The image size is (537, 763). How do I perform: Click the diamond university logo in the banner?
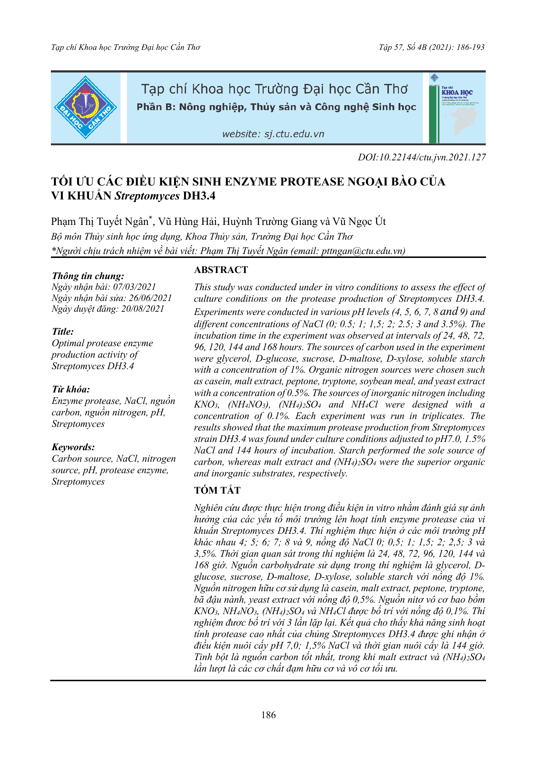tap(85, 107)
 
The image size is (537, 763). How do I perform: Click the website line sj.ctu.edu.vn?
tap(273, 134)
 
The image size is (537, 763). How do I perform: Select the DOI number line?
tap(421, 157)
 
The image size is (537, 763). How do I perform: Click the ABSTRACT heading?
tap(221, 270)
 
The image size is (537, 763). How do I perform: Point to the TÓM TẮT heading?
tap(217, 490)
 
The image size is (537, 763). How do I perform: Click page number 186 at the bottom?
tap(268, 715)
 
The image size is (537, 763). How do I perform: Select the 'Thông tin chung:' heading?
tap(88, 276)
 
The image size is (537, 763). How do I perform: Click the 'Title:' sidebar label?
tap(63, 331)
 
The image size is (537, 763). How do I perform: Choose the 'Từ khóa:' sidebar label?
tap(71, 389)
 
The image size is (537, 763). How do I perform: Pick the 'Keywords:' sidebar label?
tap(73, 447)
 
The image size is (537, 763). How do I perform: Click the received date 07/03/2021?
tap(135, 287)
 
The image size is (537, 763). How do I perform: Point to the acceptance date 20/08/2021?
tap(142, 309)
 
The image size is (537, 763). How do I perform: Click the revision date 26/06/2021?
tap(150, 298)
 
